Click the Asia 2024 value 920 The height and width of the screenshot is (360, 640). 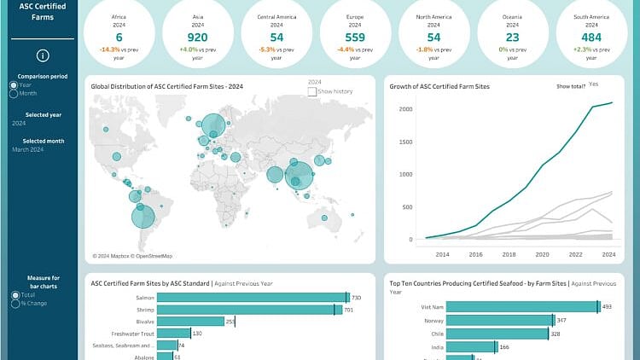coord(197,38)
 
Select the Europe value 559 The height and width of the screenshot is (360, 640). coord(355,38)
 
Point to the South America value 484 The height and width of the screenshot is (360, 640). coord(591,38)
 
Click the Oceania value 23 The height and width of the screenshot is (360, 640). coord(512,38)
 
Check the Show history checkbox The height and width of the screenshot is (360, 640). coord(311,90)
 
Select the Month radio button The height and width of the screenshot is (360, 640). coord(13,93)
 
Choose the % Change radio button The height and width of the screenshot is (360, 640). coord(15,303)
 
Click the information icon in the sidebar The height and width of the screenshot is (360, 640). coord(43,55)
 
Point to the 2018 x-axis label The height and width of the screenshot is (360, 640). coord(509,254)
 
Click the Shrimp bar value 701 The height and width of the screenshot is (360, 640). coord(349,310)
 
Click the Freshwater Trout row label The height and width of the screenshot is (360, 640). coord(133,334)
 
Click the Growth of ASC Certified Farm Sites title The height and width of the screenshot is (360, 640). coord(439,86)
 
